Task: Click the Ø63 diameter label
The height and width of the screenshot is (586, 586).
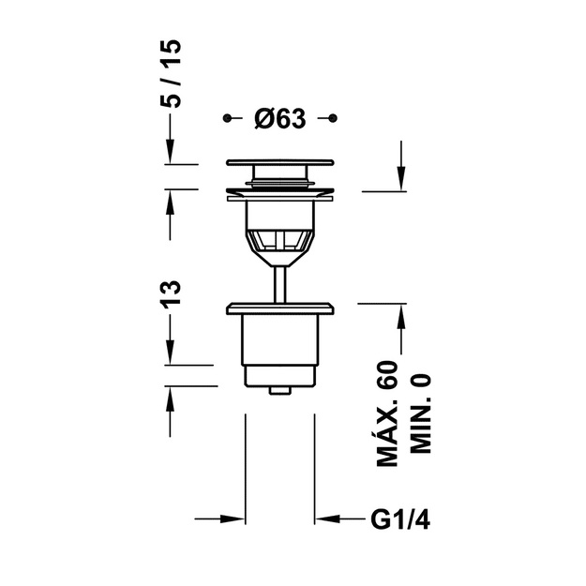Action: coord(280,119)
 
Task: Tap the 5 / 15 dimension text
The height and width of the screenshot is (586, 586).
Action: coord(171,74)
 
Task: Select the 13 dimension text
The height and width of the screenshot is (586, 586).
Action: coord(171,294)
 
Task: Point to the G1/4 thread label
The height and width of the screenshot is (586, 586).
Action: coord(400,519)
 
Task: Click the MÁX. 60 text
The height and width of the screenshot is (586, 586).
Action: coord(387,413)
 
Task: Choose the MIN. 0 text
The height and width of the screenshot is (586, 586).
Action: coord(420,414)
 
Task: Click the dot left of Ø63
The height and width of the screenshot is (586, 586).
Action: coord(227,118)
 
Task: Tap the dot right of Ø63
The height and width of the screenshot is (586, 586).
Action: coord(333,118)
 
